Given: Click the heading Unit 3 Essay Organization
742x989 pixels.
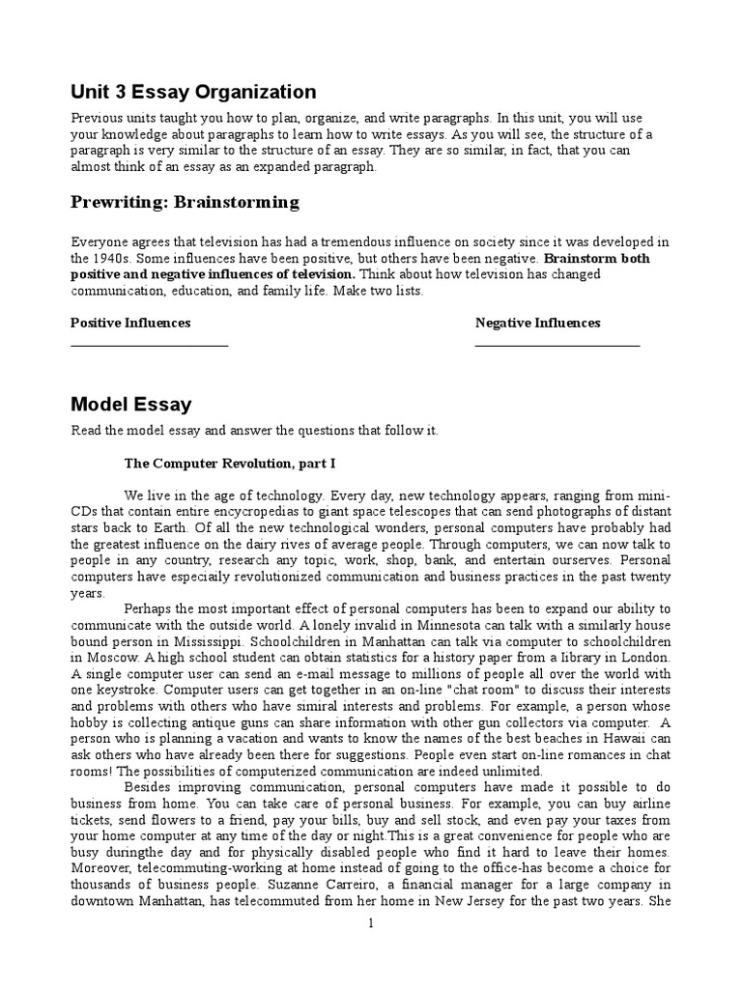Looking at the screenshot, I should [x=193, y=93].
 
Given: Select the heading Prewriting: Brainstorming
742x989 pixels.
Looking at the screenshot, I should [x=185, y=202].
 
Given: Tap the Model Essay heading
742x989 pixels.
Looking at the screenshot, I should [x=131, y=405].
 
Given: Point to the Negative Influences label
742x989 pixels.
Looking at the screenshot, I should [x=538, y=323].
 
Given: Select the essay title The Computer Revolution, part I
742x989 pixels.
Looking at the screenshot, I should [x=230, y=464].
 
